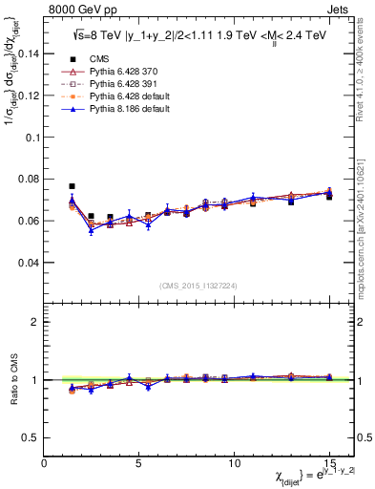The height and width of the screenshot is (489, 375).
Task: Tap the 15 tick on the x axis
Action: click(329, 464)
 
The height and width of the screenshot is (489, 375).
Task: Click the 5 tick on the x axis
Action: click(139, 464)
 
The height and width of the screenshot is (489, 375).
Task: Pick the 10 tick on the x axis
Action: click(234, 464)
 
